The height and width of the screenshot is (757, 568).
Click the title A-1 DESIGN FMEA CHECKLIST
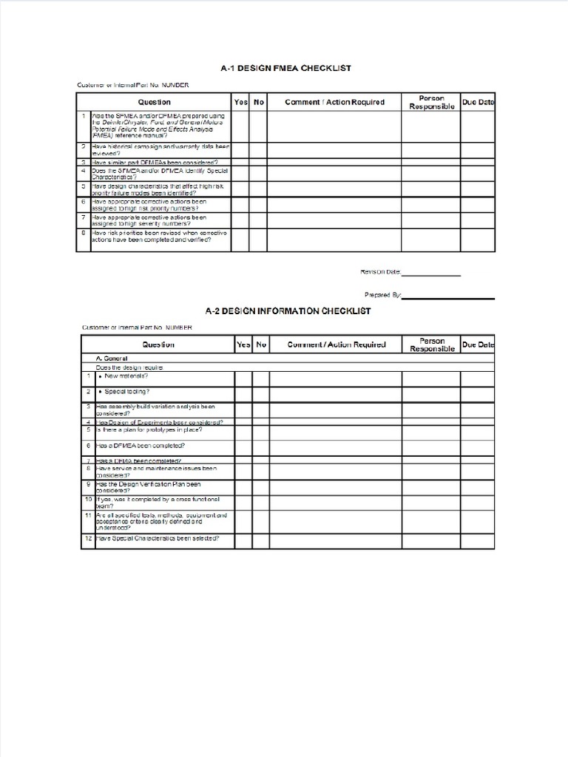(285, 68)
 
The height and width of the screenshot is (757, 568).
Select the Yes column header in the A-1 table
(240, 102)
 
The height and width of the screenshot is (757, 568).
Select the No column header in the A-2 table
(261, 344)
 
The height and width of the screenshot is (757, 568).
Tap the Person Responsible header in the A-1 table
(431, 102)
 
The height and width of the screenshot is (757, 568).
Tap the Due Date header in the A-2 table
(478, 344)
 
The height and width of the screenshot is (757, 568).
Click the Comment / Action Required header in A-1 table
(334, 102)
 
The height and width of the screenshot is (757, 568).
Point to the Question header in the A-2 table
(158, 344)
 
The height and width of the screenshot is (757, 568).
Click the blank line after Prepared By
(448, 298)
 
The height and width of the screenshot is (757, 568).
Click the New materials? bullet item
(126, 376)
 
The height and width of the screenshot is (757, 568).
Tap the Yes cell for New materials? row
(243, 378)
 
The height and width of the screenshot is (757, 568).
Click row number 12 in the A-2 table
(87, 538)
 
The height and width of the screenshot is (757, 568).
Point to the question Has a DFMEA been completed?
(140, 446)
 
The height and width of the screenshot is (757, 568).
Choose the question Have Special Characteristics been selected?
(157, 538)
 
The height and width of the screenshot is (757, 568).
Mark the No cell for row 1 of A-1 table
(258, 126)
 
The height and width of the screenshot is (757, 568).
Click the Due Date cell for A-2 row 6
(478, 447)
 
